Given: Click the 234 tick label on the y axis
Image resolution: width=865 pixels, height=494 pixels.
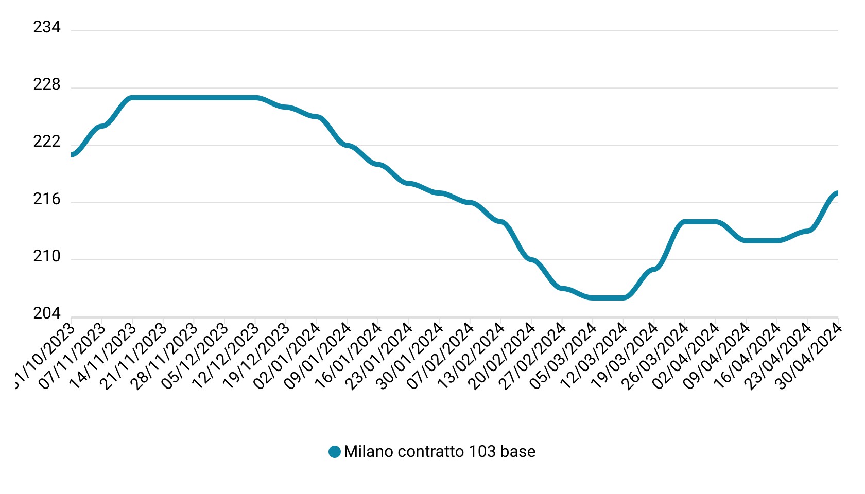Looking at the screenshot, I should click(x=47, y=27).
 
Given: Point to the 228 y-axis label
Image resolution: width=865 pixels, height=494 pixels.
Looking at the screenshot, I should click(x=47, y=84).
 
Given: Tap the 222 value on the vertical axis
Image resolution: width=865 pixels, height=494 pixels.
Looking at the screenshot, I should click(x=47, y=142).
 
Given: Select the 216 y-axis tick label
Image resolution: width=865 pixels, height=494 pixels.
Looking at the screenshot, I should click(x=47, y=199).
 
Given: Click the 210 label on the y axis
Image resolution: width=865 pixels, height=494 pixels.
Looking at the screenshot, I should click(x=47, y=256).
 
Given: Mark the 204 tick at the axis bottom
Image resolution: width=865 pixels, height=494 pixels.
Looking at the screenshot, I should click(x=47, y=313).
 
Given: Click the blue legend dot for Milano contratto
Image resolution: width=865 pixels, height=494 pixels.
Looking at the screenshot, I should click(x=335, y=452).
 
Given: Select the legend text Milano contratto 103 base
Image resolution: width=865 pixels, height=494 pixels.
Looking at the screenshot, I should click(x=439, y=452).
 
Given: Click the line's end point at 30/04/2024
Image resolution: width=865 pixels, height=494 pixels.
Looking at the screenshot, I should click(x=837, y=193).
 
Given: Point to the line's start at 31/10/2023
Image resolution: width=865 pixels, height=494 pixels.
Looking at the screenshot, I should click(x=72, y=154).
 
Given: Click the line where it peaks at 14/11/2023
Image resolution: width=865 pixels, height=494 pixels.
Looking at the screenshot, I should click(x=132, y=98).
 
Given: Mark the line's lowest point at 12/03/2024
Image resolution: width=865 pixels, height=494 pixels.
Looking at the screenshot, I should click(x=624, y=297).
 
